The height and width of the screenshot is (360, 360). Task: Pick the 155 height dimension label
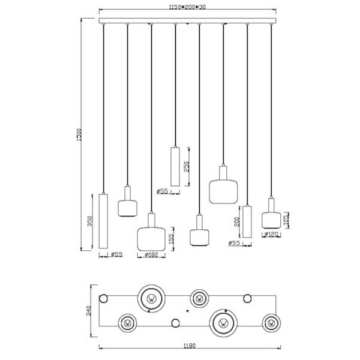(172, 239)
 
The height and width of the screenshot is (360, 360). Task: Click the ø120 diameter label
(273, 235)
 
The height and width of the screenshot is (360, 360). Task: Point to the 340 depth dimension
(88, 311)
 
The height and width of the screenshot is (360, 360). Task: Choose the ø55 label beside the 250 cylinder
(162, 191)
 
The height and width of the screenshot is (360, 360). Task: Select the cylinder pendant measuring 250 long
(175, 166)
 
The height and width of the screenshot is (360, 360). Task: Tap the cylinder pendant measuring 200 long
(247, 221)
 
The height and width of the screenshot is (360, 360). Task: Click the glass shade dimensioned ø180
(151, 237)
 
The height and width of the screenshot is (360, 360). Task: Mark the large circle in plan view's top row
(151, 297)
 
